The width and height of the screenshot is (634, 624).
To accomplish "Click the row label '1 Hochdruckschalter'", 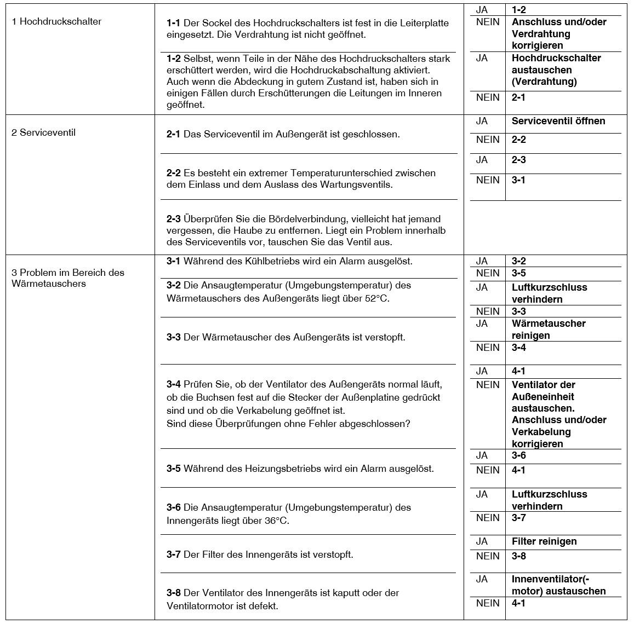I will [56, 22].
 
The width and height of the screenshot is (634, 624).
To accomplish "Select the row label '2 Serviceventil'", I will [44, 133].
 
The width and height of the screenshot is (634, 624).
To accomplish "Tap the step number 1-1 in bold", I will [173, 23].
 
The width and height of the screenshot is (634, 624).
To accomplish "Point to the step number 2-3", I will [173, 219].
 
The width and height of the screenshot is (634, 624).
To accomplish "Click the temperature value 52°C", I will [376, 299].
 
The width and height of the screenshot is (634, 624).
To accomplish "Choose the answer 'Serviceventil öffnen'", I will [558, 122].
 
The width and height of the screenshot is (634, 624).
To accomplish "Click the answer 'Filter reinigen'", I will [544, 542].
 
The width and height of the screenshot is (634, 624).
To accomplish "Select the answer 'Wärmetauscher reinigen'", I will [549, 330].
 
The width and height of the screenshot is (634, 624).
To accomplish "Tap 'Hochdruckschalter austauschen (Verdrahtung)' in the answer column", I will [556, 70].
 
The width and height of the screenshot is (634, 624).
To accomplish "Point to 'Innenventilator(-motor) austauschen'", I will [558, 585].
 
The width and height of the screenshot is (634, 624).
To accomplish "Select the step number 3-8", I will [173, 593].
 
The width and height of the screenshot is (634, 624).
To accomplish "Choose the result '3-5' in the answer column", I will [518, 273].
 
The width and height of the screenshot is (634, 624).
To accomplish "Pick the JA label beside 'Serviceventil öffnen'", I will [482, 122].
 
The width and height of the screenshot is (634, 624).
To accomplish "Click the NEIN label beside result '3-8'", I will [488, 556].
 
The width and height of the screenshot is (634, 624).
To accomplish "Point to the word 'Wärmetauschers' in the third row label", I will [49, 284].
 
